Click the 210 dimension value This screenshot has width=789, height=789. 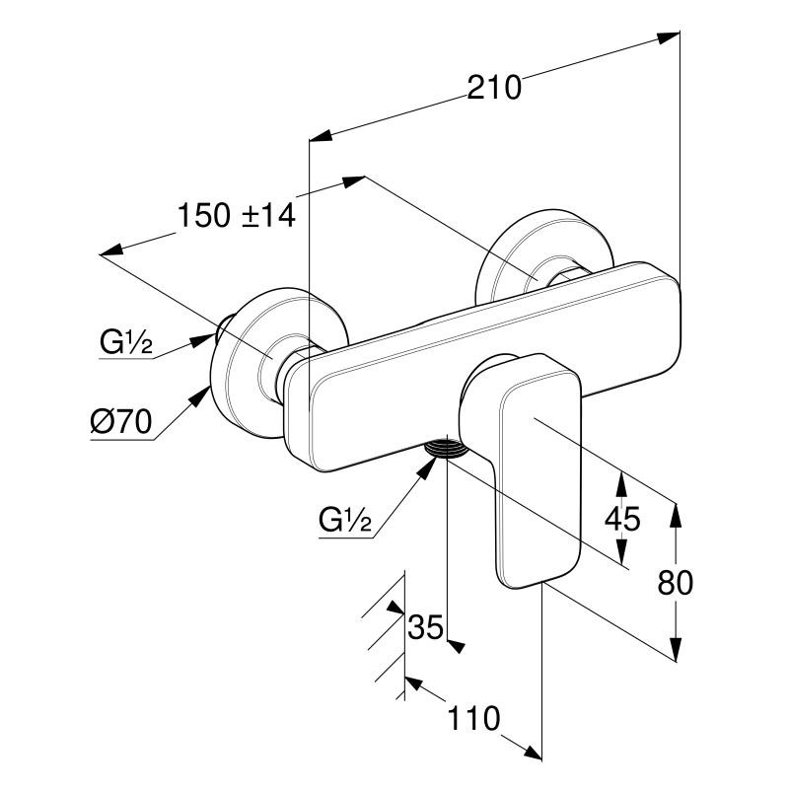point(494,88)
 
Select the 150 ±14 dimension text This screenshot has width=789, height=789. point(237,215)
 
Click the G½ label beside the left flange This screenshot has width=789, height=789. point(125,343)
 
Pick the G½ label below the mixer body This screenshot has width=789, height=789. point(344,520)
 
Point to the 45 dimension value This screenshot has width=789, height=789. point(622,518)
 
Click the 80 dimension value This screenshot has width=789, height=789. point(675,583)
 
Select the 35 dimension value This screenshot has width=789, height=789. point(426,627)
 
